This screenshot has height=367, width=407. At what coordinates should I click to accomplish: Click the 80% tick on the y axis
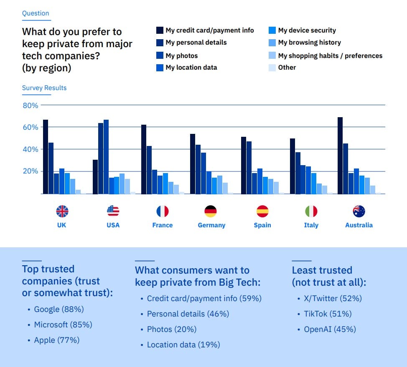pos(30,106)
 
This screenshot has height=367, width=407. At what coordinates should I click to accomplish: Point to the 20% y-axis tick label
pos(30,171)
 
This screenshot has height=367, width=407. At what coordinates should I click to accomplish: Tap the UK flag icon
pos(62,211)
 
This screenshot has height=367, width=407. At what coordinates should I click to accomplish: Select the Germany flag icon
pos(211,211)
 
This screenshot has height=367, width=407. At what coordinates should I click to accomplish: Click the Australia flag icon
pos(359,211)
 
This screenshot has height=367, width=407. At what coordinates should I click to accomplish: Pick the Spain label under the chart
pos(262,225)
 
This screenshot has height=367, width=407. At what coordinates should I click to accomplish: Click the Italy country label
pos(311,225)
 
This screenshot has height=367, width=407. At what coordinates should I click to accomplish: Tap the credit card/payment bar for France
pos(144,159)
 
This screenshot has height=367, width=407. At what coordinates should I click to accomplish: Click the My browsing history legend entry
pos(309,43)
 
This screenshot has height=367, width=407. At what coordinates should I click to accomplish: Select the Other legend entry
pos(287,68)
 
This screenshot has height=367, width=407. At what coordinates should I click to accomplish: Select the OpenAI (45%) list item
pos(326,329)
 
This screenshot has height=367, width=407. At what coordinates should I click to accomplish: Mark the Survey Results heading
pos(44,88)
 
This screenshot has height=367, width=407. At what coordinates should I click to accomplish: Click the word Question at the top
pos(36,13)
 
